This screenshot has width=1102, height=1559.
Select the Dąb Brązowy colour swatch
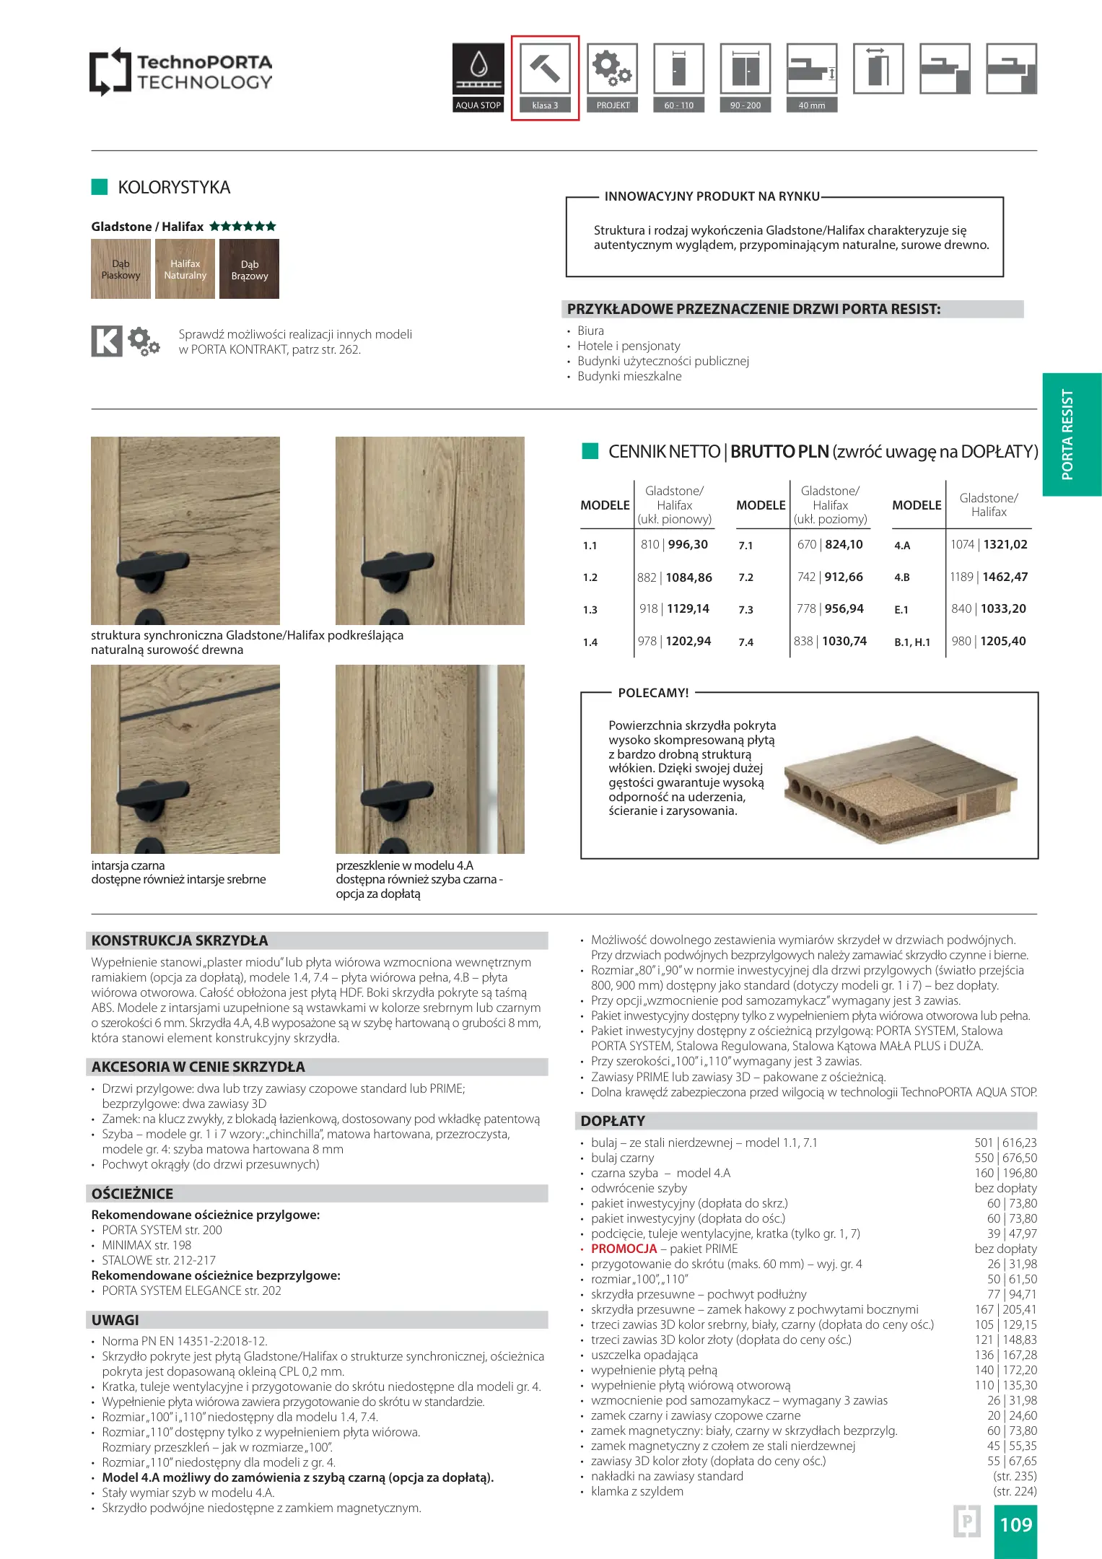click(x=250, y=269)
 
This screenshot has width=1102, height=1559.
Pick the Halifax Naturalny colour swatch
click(x=185, y=269)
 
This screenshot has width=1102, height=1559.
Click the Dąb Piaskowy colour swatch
click(x=121, y=269)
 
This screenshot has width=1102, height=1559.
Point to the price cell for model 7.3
click(x=830, y=608)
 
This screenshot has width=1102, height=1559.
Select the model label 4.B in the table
click(x=902, y=577)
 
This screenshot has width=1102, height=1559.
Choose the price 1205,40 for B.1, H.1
click(x=1003, y=641)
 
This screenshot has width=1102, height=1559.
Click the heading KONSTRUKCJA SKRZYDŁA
click(x=180, y=940)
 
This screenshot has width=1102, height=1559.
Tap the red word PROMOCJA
click(x=624, y=1249)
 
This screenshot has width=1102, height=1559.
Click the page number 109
click(x=1015, y=1524)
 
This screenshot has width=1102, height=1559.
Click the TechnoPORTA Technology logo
click(x=181, y=72)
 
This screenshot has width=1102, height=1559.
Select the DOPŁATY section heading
click(x=613, y=1121)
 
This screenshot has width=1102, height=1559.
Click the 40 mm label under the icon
click(x=812, y=105)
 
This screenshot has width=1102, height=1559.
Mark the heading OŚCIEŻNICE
click(x=132, y=1193)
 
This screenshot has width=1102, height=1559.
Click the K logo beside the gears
click(x=107, y=341)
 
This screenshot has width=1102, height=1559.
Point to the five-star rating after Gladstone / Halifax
click(x=242, y=227)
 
